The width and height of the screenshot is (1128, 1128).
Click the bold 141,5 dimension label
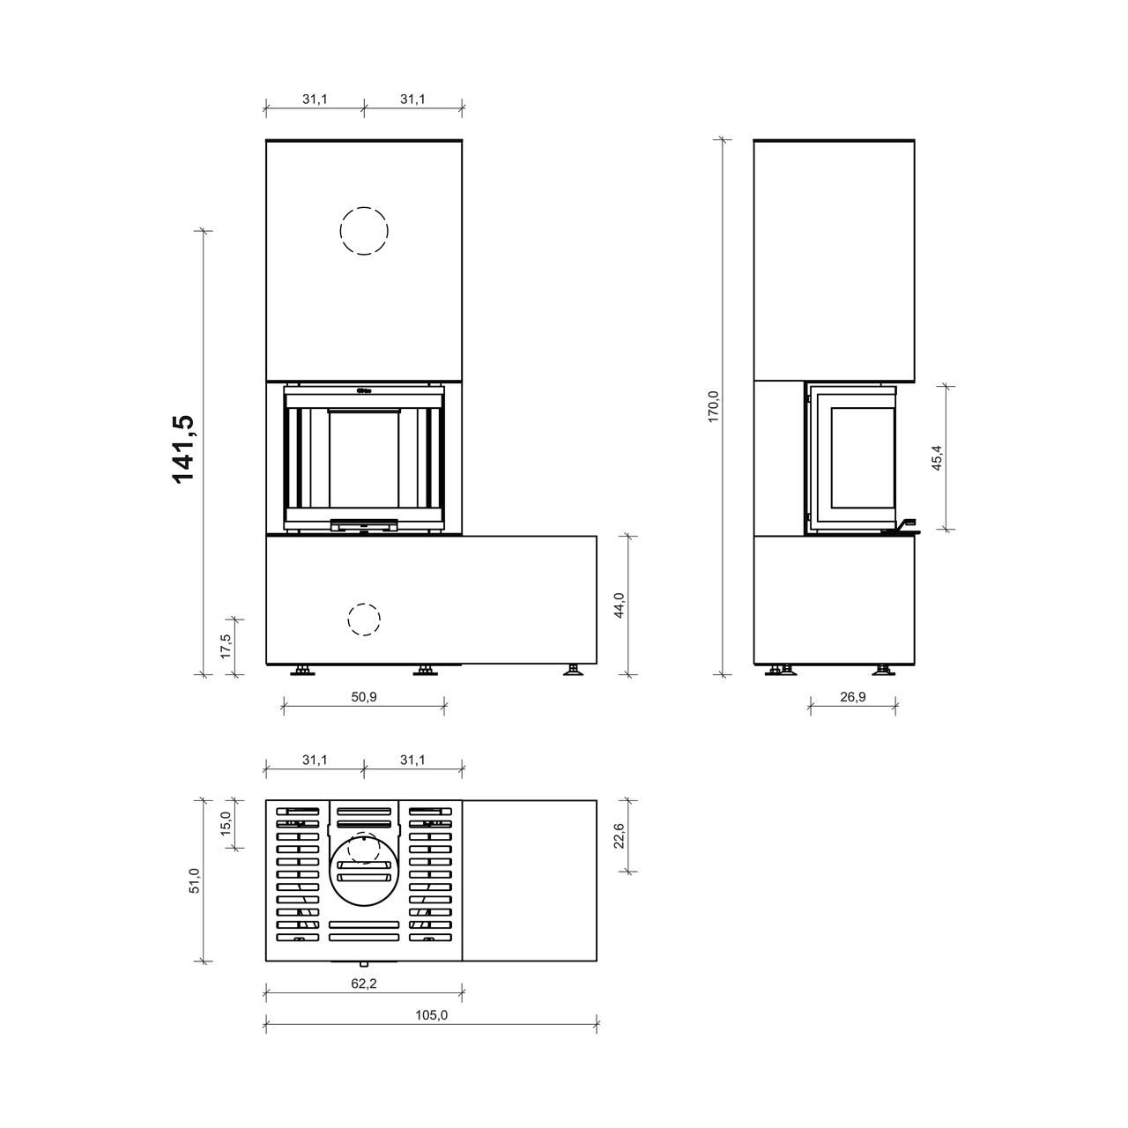184,449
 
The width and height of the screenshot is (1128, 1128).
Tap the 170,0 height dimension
713,406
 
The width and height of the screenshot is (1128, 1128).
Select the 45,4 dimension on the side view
938,457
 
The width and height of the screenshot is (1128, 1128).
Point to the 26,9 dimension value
853,696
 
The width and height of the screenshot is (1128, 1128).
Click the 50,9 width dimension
364,696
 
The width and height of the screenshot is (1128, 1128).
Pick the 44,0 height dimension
620,605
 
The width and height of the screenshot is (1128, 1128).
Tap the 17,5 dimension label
226,646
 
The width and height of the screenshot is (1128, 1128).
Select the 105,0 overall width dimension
432,1015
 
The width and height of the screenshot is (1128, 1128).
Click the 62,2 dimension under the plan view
364,983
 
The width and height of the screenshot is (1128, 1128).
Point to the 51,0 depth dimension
195,880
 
